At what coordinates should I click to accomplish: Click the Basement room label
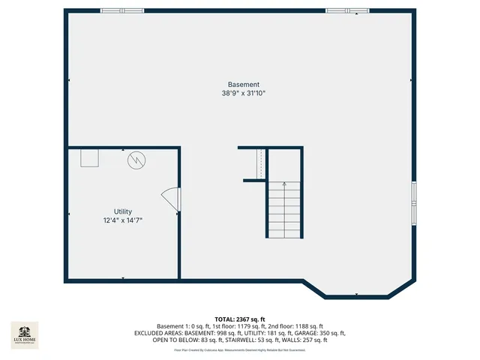(x=244, y=84)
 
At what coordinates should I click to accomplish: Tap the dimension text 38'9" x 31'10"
(x=244, y=94)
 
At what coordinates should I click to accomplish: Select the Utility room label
(x=123, y=211)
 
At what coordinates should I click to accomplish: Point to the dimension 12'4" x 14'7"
(x=123, y=220)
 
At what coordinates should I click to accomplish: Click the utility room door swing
(x=171, y=199)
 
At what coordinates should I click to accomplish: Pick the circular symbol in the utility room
(x=136, y=160)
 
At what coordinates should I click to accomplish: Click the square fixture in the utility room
(x=91, y=157)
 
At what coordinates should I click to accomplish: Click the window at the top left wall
(x=122, y=10)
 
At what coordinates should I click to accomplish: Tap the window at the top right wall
(x=347, y=10)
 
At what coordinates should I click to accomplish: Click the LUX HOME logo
(x=24, y=334)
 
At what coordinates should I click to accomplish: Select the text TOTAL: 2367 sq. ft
(x=240, y=319)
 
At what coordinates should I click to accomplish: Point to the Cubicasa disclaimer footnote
(x=240, y=349)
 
